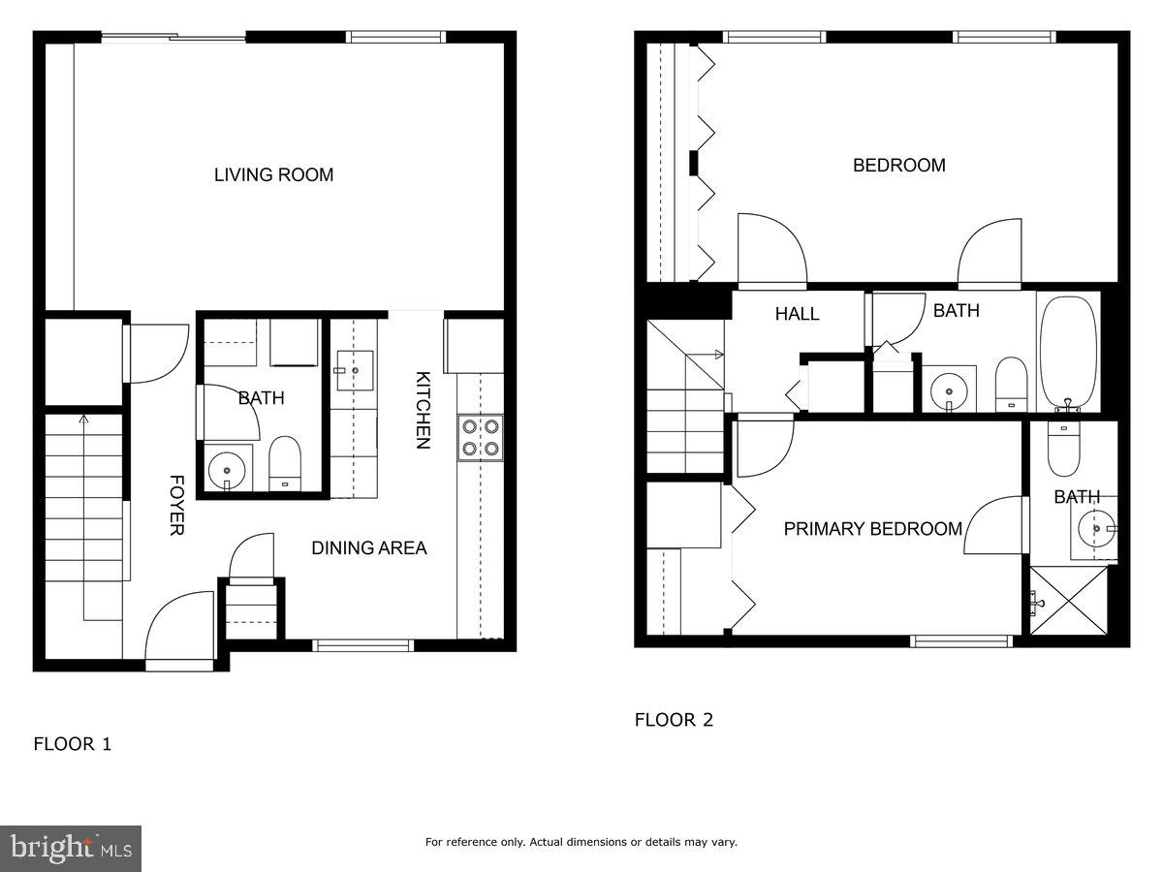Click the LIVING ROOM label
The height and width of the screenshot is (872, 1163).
point(273,175)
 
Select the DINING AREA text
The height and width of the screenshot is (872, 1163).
point(368,548)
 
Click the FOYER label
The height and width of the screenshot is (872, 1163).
point(177,505)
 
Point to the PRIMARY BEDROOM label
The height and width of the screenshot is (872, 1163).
point(872,529)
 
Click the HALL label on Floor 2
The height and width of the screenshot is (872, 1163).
point(797,314)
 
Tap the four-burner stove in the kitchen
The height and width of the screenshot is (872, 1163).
point(480,436)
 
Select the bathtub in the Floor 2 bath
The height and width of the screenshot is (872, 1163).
point(1068,352)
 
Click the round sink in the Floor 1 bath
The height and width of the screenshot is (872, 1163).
point(227,469)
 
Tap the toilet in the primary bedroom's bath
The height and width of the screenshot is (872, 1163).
point(1063,451)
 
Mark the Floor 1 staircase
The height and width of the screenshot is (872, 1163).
point(85,514)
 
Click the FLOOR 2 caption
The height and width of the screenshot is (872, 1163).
point(674,720)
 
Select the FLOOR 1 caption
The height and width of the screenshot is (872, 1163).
point(73,744)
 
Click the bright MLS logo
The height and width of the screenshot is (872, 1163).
point(71,849)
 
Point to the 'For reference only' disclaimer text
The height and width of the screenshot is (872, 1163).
point(581,842)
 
